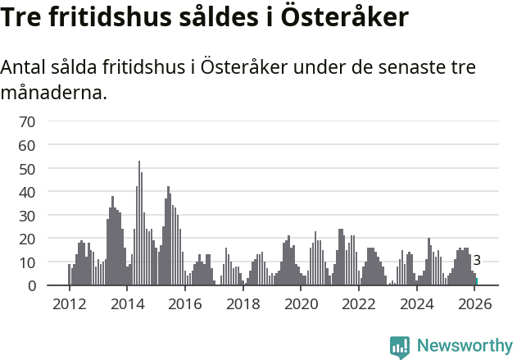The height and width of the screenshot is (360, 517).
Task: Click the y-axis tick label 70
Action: click(27, 122)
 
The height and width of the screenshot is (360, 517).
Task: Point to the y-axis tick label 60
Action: click(27, 145)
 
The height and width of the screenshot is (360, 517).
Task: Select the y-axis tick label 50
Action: click(27, 169)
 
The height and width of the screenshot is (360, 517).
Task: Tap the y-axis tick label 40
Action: click(27, 192)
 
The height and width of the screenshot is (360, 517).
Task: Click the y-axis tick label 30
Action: click(27, 216)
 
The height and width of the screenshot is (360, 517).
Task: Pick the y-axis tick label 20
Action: click(27, 239)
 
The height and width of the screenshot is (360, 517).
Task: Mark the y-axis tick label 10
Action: click(27, 262)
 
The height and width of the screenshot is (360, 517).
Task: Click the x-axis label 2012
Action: click(69, 304)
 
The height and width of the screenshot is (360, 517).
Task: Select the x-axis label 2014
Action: click(127, 304)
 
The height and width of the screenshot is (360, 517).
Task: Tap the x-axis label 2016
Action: click(185, 304)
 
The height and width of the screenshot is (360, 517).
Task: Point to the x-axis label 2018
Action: click(243, 304)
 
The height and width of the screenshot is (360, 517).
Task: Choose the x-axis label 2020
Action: click(301, 304)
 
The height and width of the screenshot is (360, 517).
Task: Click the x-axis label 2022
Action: click(359, 304)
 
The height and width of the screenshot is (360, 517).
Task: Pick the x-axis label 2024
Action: click(417, 304)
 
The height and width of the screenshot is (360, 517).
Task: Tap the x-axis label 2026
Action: click(475, 304)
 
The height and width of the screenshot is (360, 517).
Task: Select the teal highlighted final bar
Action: click(477, 282)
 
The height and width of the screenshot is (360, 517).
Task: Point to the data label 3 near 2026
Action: click(477, 261)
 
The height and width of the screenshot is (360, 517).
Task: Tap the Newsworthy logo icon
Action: click(400, 346)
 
